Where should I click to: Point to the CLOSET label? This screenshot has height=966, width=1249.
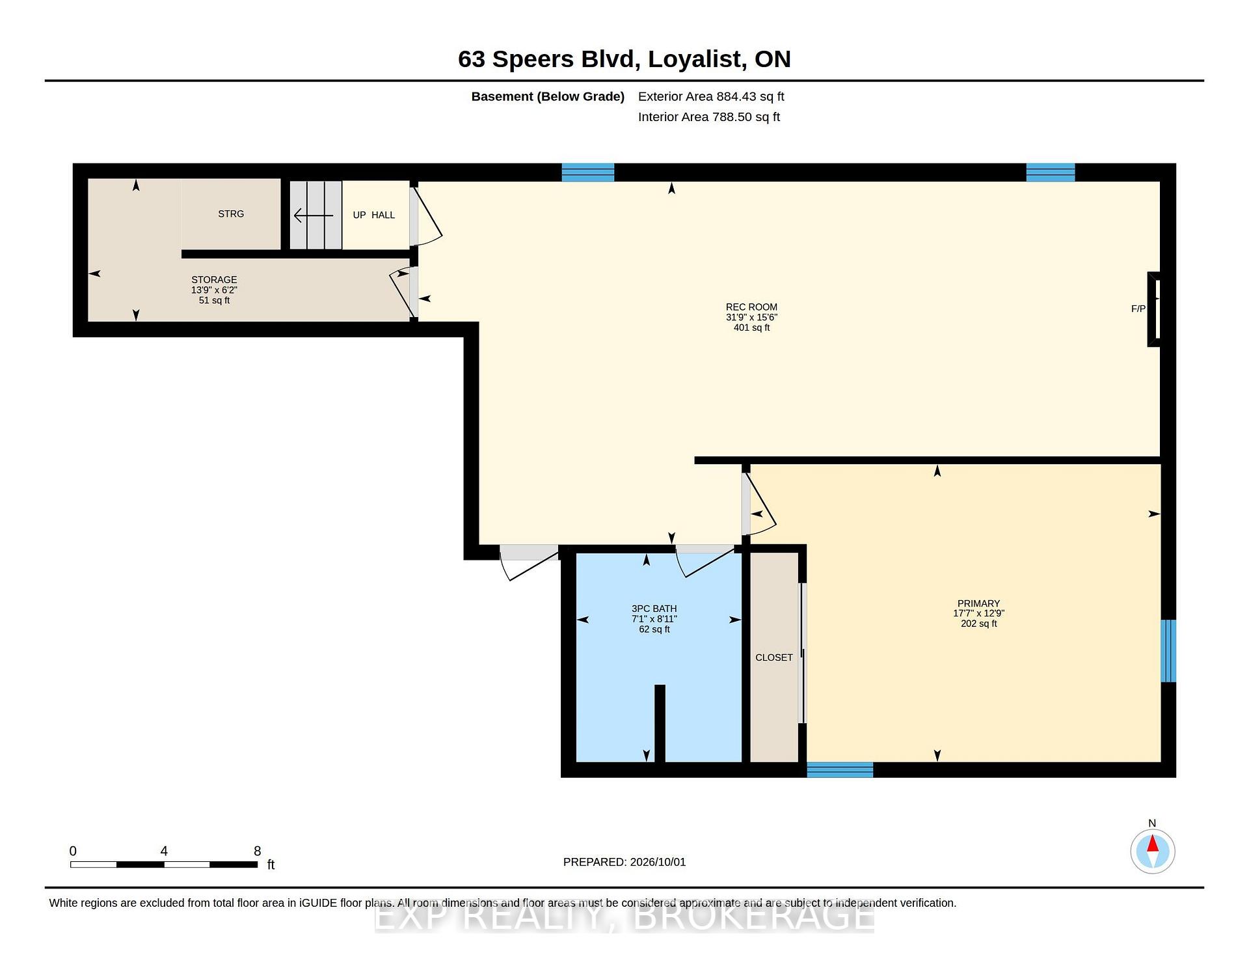click(x=774, y=657)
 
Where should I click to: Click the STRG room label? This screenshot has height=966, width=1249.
click(x=231, y=214)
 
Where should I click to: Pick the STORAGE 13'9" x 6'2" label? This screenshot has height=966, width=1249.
click(x=214, y=290)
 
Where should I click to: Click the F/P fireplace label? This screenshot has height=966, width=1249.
click(x=1138, y=309)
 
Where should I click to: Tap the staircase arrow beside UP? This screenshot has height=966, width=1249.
click(x=314, y=215)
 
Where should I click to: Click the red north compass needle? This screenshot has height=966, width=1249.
click(x=1153, y=844)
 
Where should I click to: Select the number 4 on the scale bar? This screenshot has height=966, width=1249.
click(x=164, y=851)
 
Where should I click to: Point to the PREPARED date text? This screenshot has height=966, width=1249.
click(x=624, y=862)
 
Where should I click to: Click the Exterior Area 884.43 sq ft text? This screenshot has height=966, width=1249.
click(x=711, y=96)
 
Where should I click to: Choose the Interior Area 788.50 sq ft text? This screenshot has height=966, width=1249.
click(x=709, y=117)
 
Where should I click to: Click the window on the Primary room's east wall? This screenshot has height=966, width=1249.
click(x=1168, y=651)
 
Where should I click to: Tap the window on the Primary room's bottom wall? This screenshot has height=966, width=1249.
click(x=840, y=769)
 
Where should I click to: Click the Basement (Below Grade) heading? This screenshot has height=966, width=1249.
click(x=548, y=96)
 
